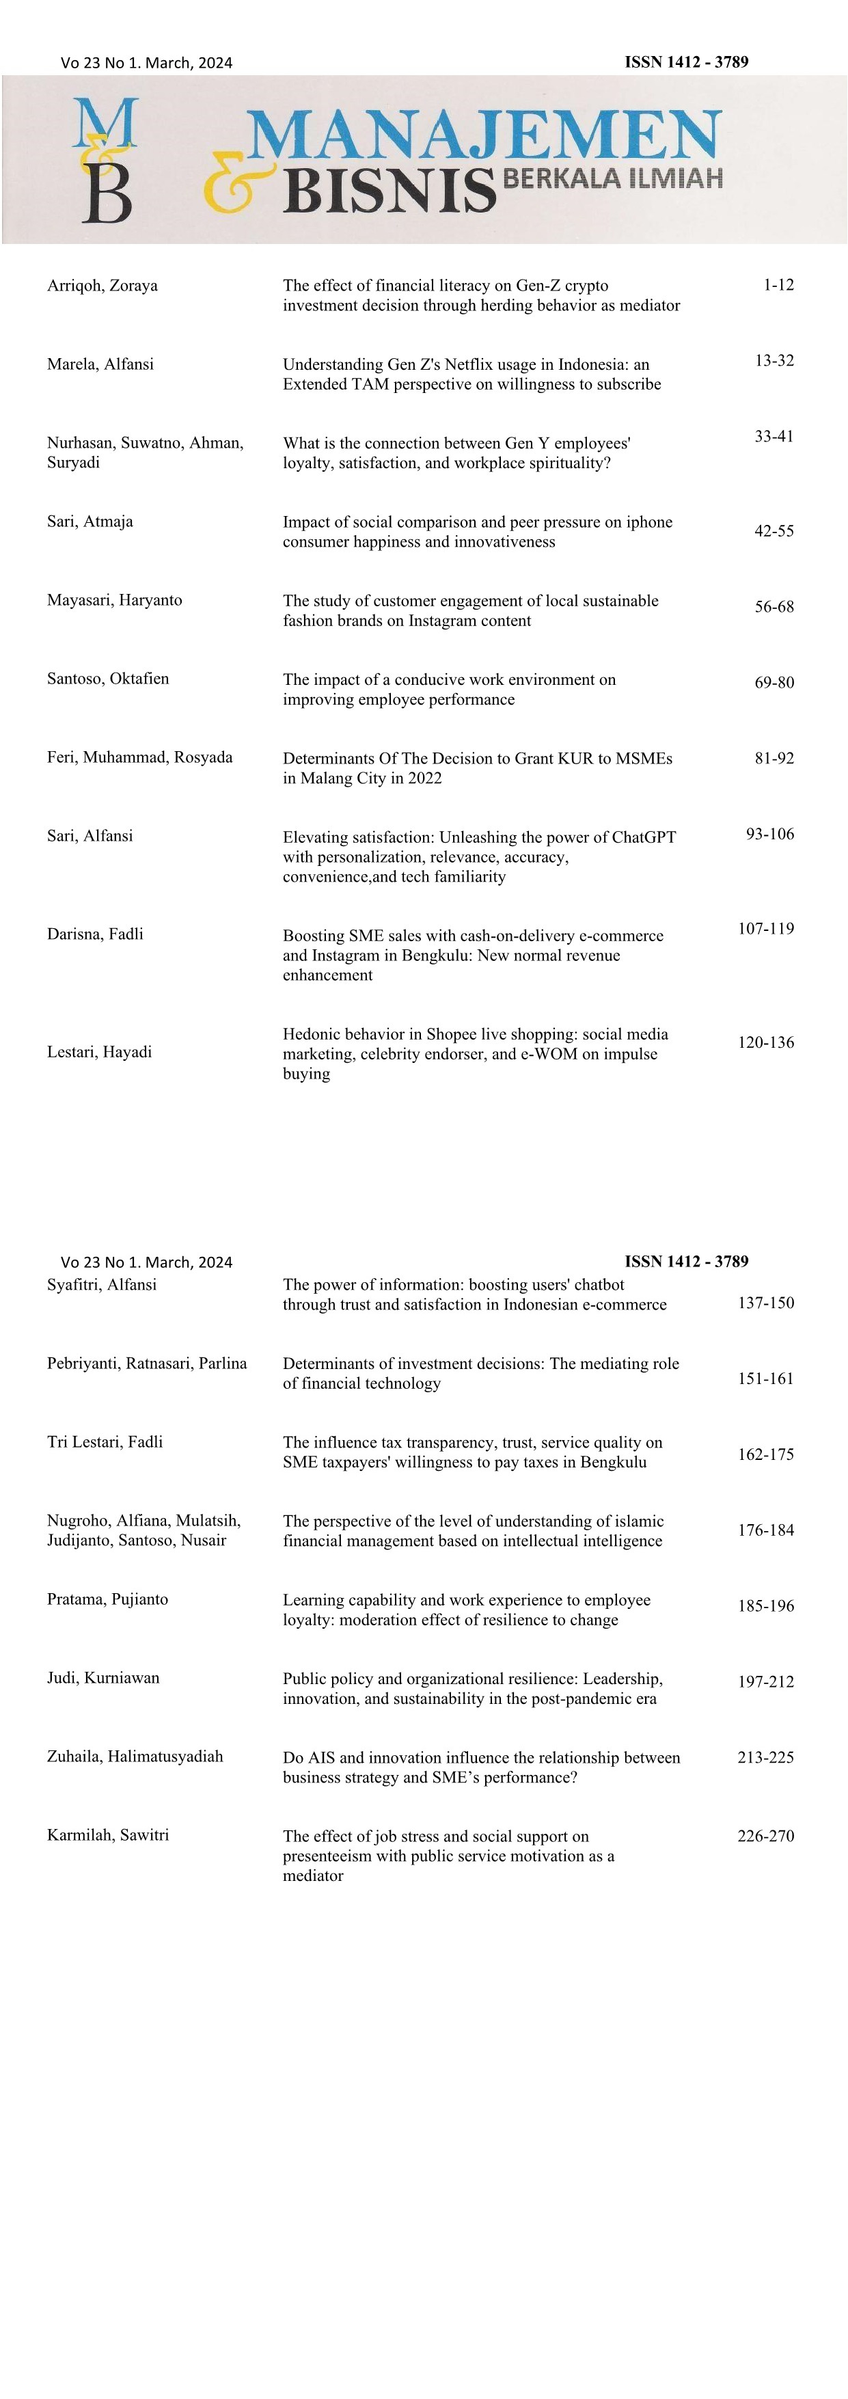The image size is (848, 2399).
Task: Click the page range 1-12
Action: click(x=778, y=285)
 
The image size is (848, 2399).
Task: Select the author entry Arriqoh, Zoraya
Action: click(x=102, y=286)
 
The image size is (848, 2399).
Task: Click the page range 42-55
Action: click(x=774, y=531)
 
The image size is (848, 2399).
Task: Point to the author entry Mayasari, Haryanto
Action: click(x=115, y=600)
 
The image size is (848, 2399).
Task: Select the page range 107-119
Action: click(x=765, y=928)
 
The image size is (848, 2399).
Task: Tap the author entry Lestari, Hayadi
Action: click(x=100, y=1053)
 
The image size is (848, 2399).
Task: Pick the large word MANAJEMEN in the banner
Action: click(x=483, y=136)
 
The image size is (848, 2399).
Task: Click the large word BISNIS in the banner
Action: click(x=389, y=190)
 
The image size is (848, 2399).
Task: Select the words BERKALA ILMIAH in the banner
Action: click(x=612, y=178)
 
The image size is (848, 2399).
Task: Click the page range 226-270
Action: click(x=765, y=1836)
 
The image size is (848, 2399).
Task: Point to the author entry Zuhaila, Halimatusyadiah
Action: click(x=135, y=1757)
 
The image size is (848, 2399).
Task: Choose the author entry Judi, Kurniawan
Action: click(x=103, y=1677)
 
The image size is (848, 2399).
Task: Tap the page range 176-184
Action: click(x=765, y=1530)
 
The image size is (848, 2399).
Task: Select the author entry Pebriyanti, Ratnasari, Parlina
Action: click(x=147, y=1364)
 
